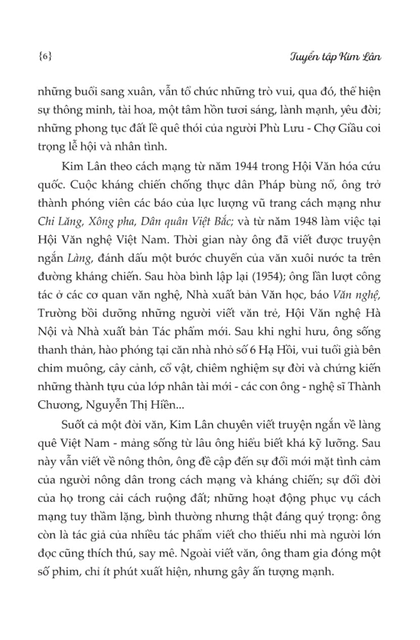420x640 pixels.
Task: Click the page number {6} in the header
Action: click(44, 57)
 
